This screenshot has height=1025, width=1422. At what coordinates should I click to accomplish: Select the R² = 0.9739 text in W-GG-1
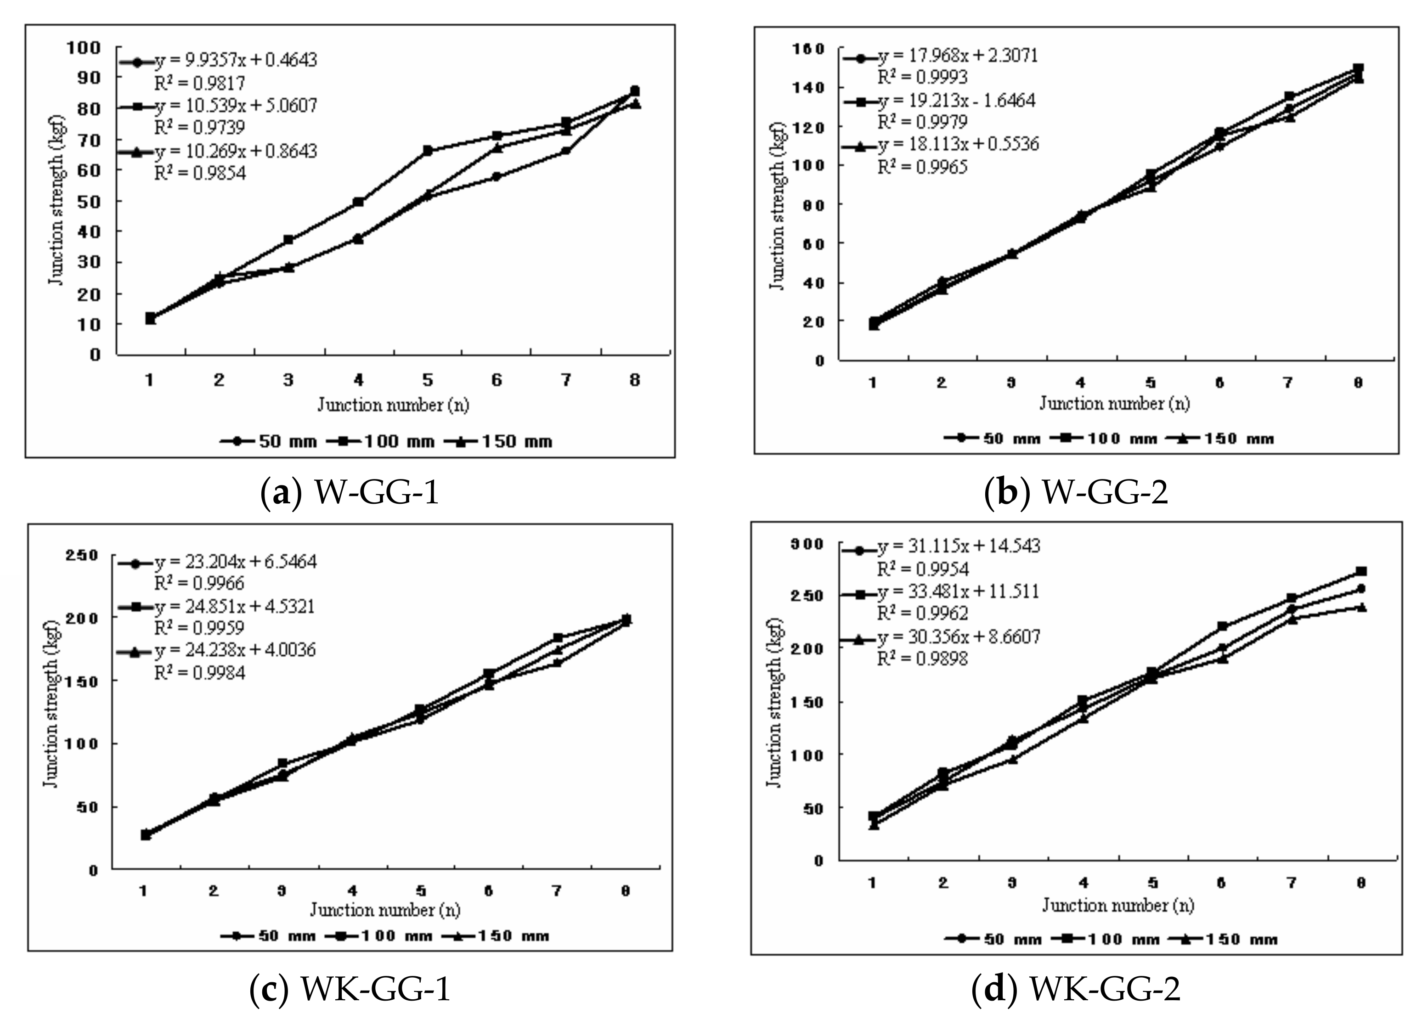[199, 127]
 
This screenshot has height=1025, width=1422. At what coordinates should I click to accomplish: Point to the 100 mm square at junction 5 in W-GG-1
[428, 151]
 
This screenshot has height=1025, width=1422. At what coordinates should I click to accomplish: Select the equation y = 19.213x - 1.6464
[956, 100]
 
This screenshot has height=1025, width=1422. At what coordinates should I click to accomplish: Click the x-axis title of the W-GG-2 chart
[1114, 403]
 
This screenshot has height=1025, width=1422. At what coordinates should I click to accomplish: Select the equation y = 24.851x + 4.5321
[235, 606]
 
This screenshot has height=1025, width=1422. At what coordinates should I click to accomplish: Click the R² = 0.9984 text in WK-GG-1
[199, 673]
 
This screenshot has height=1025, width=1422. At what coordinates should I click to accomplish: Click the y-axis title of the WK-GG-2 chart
[775, 702]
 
